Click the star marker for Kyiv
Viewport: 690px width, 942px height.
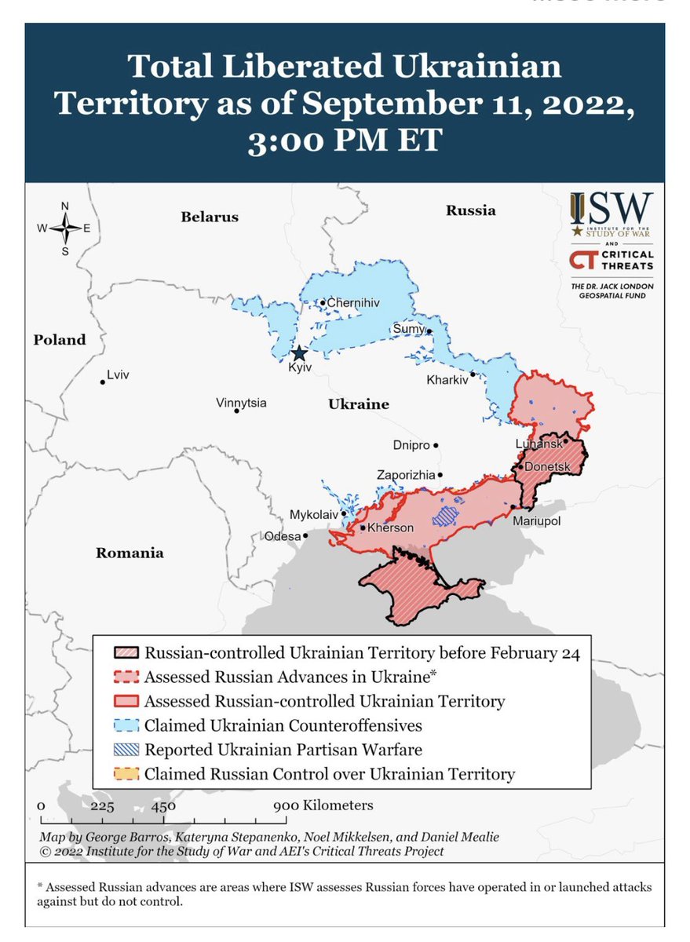coord(298,353)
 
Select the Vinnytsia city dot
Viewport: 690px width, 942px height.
coord(236,411)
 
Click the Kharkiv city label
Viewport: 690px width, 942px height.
coord(447,379)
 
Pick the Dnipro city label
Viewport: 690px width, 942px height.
coord(411,445)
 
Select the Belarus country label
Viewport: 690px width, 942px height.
coord(209,217)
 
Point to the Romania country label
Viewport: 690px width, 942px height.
coord(130,553)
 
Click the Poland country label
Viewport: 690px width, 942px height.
coord(59,340)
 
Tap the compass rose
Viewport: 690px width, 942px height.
coord(65,228)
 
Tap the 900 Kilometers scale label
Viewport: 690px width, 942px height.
coord(323,805)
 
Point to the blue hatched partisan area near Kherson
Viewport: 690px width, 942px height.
coord(445,515)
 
